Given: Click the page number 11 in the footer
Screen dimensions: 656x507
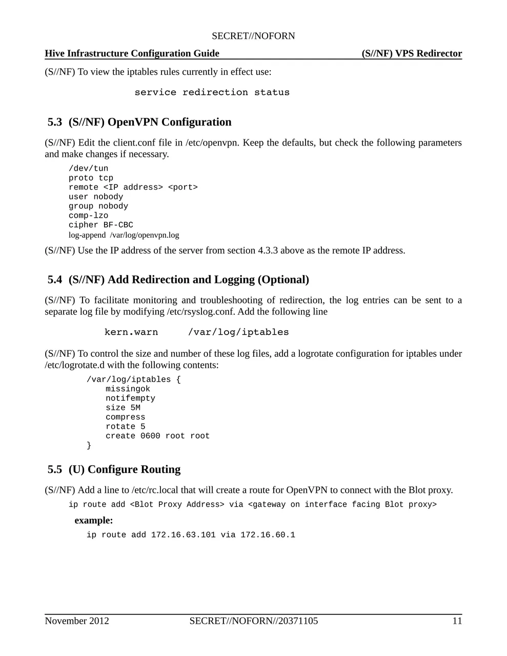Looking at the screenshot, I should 457,621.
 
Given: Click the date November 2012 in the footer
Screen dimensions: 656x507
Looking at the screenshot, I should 77,621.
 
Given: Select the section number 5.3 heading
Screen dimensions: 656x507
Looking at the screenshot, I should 55,122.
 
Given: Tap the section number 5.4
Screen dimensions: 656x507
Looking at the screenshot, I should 55,279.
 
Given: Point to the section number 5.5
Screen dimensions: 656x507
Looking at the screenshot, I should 55,469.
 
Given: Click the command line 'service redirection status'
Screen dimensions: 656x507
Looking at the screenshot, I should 212,92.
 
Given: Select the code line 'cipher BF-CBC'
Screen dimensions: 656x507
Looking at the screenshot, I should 101,225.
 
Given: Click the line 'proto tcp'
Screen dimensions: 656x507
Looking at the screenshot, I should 91,178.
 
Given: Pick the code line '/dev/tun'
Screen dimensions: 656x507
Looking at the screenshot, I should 88,169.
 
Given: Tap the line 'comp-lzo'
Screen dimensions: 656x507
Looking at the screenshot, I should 88,216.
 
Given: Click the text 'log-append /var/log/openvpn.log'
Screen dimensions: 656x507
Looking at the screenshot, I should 124,235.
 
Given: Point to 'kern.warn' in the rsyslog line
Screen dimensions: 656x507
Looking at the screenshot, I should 131,332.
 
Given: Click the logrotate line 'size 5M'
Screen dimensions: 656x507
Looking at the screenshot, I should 123,408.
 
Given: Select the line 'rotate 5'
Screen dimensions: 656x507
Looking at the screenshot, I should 125,426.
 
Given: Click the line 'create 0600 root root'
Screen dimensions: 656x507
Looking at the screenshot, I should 157,436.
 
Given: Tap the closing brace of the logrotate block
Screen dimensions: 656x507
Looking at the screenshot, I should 89,445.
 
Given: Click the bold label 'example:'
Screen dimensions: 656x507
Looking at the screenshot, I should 94,521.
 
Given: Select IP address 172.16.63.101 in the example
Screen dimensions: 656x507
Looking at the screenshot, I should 183,535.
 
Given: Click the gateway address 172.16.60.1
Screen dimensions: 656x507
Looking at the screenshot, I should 268,535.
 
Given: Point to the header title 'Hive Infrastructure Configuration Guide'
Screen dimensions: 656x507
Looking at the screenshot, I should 132,54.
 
